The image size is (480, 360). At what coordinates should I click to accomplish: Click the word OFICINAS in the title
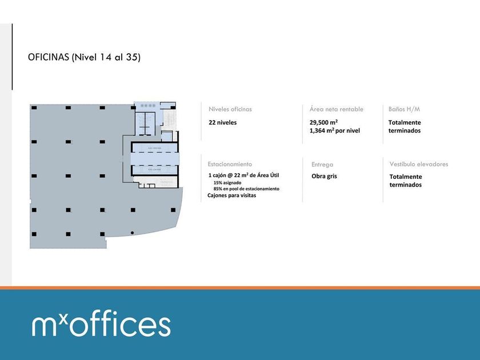(48, 58)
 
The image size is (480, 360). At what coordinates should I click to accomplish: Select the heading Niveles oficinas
(230, 109)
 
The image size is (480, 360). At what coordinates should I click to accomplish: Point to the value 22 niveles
(223, 122)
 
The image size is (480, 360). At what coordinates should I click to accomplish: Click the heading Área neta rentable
(337, 109)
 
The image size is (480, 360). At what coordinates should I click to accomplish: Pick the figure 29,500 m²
(323, 122)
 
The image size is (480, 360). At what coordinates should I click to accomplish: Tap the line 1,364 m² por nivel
(335, 131)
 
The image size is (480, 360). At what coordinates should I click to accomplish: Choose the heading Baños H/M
(405, 109)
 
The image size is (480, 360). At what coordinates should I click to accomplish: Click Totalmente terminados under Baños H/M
(405, 126)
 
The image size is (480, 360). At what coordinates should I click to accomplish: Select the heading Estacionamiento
(230, 164)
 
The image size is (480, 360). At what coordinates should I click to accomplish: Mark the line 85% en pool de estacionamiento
(246, 189)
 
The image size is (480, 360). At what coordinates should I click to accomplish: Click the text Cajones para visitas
(232, 195)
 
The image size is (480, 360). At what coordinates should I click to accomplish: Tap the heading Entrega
(322, 165)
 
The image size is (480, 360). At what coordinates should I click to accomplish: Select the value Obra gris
(325, 176)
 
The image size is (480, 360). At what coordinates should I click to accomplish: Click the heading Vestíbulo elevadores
(419, 164)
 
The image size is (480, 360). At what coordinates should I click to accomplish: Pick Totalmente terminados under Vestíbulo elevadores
(406, 181)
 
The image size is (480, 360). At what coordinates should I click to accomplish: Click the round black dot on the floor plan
(132, 233)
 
